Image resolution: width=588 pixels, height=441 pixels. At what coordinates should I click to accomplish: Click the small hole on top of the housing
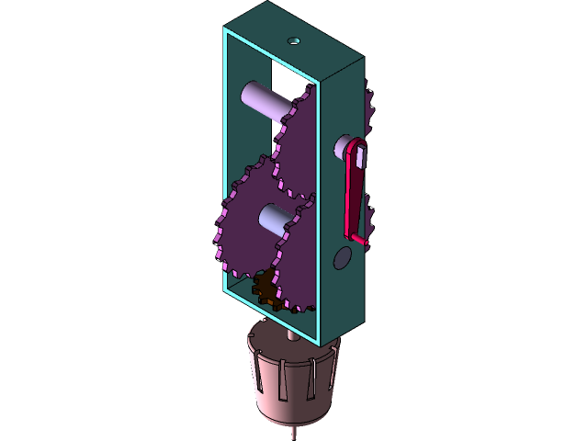coord(294,40)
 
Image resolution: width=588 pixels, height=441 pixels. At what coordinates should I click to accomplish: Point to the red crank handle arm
coord(353,193)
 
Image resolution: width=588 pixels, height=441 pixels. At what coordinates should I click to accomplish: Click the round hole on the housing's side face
coord(343,257)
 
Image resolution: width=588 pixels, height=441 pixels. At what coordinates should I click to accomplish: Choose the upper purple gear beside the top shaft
coord(299,152)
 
